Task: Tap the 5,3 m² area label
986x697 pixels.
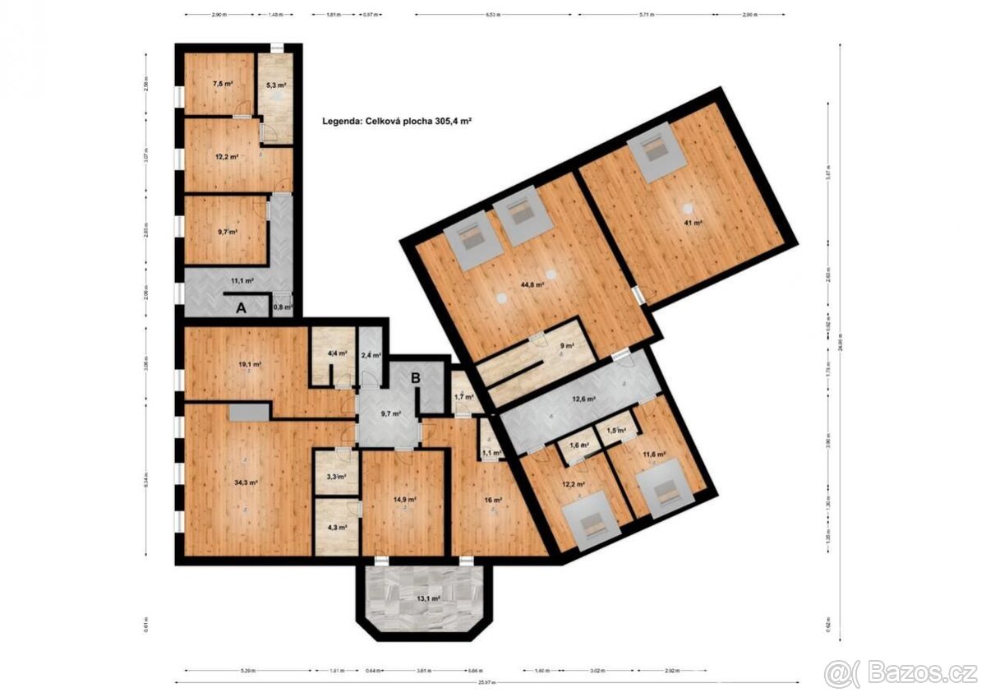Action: [x=276, y=85]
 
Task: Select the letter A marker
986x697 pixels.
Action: [x=241, y=309]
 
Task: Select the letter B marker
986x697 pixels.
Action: [x=416, y=378]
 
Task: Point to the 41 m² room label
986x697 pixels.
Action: [x=693, y=222]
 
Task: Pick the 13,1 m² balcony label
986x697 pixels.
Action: [x=427, y=598]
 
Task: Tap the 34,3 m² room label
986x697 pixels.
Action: [x=246, y=483]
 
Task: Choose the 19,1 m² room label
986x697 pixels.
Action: [x=250, y=364]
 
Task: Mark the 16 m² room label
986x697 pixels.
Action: [x=491, y=499]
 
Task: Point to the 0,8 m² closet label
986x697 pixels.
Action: [x=282, y=307]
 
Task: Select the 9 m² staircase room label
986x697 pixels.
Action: [x=565, y=346]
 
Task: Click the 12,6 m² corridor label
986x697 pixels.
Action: [x=583, y=400]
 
